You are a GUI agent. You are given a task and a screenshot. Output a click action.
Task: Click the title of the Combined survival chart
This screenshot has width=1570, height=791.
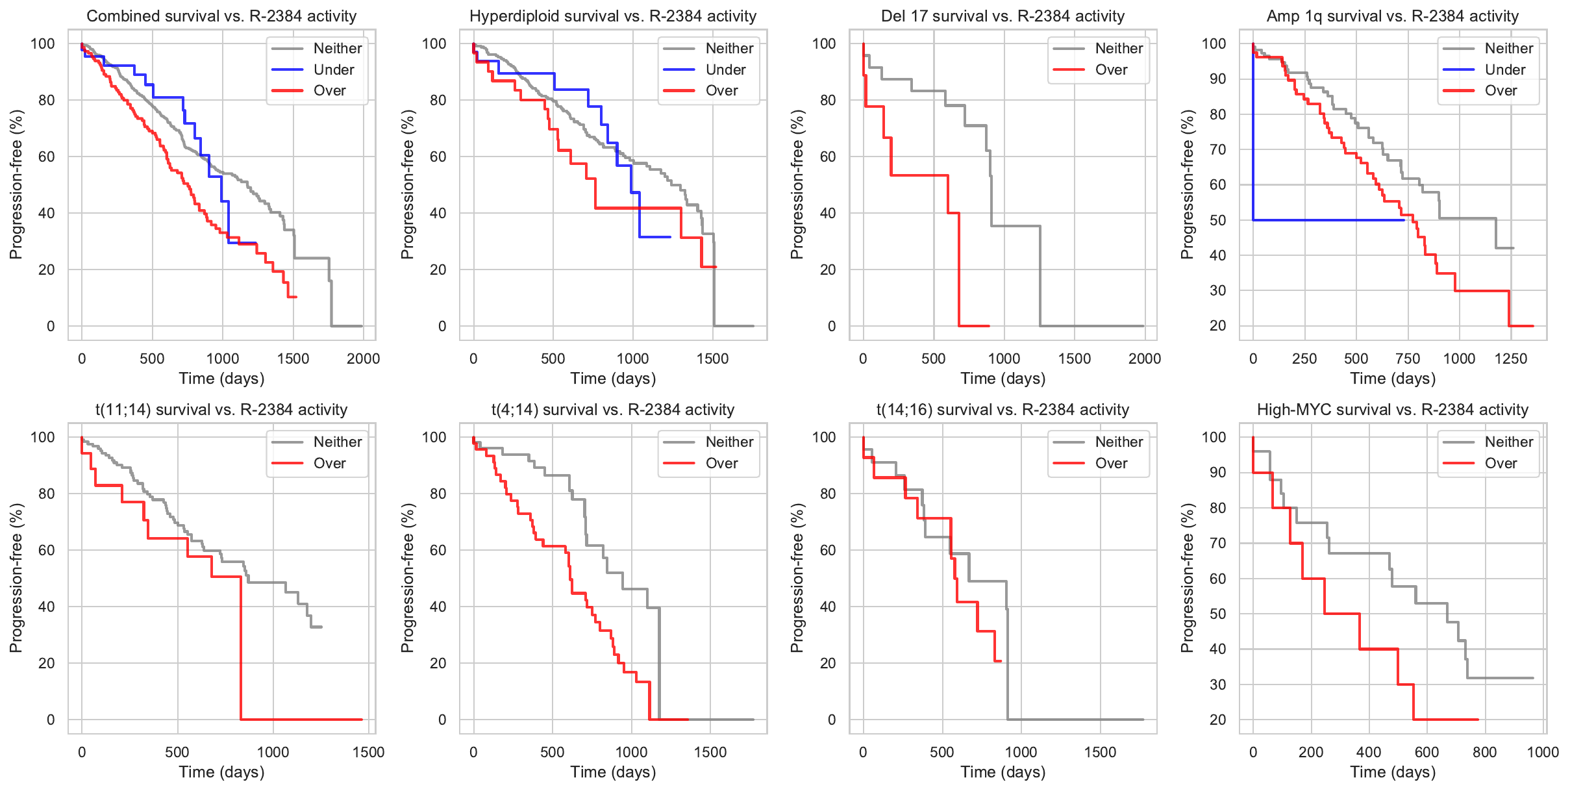[221, 16]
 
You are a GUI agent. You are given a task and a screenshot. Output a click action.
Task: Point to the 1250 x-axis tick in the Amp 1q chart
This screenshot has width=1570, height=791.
[1510, 358]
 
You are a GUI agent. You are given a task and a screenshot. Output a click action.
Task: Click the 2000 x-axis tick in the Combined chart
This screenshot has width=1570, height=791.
[363, 358]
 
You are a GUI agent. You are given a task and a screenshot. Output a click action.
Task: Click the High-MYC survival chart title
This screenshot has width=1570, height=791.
[1392, 410]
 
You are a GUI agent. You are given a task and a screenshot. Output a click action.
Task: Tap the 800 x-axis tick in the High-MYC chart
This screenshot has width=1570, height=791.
[1484, 752]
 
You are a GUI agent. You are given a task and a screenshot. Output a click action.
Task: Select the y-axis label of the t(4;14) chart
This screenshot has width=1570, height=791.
[407, 578]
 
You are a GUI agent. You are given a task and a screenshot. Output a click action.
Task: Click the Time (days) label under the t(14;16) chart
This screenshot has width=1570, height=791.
[1003, 772]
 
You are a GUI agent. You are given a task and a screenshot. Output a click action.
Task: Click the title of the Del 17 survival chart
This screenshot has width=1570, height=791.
[1003, 16]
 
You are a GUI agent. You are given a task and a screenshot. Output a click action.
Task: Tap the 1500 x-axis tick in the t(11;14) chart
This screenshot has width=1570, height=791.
[368, 752]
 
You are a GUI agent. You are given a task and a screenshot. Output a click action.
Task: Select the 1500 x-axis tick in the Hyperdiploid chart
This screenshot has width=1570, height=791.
[712, 358]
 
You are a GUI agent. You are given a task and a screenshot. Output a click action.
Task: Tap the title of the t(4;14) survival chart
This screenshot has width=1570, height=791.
[612, 410]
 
